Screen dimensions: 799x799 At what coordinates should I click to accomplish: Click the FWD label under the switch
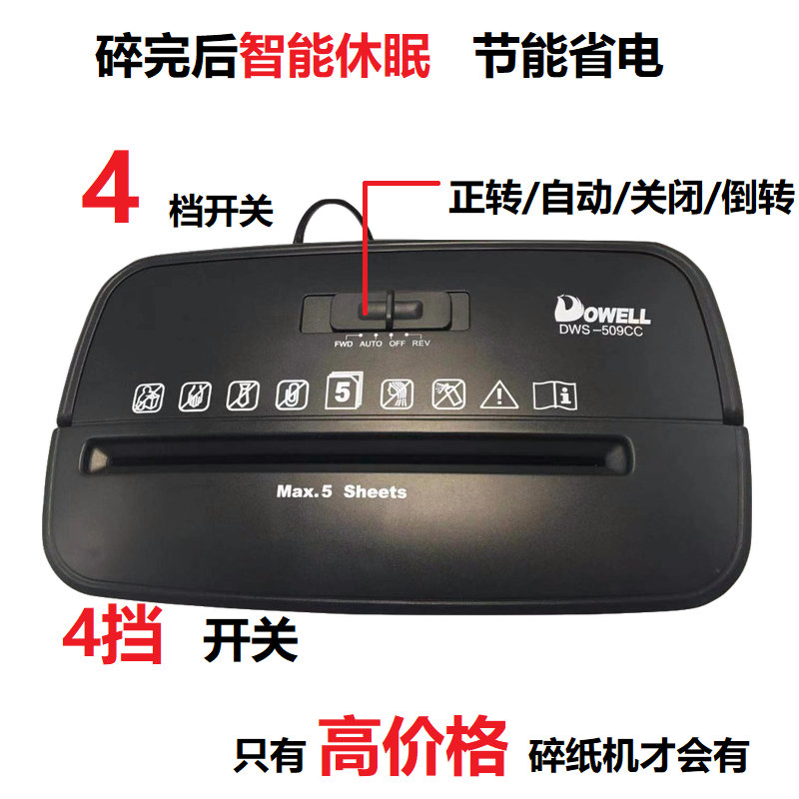(343, 344)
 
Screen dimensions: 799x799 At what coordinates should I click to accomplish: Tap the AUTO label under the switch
(371, 344)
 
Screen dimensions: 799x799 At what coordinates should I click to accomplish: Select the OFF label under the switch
(397, 344)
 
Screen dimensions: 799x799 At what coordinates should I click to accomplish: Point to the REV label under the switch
(420, 343)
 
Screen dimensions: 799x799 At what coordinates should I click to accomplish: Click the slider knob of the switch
(391, 310)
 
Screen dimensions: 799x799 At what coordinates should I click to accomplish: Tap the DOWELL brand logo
(602, 310)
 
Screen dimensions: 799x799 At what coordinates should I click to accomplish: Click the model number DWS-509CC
(601, 331)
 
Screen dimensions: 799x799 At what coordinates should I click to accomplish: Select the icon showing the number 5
(344, 391)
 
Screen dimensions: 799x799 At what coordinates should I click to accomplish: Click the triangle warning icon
(499, 395)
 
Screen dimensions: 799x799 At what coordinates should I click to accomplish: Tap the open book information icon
(555, 396)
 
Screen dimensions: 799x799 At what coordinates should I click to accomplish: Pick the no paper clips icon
(292, 395)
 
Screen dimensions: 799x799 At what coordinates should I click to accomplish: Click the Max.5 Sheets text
(342, 491)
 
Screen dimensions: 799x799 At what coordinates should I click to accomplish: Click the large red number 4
(111, 187)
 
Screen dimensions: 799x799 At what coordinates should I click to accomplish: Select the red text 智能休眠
(335, 56)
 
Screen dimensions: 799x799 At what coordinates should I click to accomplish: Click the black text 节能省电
(568, 56)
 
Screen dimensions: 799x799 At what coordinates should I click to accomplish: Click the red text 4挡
(113, 635)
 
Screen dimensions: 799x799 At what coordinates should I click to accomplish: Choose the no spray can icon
(448, 395)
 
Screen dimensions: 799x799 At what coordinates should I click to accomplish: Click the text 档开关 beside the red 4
(221, 210)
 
